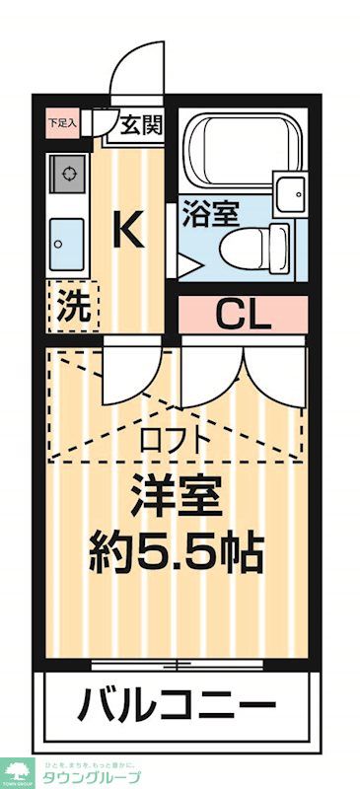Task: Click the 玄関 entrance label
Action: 142,125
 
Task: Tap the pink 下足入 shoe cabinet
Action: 55,124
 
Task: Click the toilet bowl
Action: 248,248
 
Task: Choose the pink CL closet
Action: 243,317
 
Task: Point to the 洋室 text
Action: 176,496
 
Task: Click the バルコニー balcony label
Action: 178,704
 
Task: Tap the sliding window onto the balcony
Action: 178,664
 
